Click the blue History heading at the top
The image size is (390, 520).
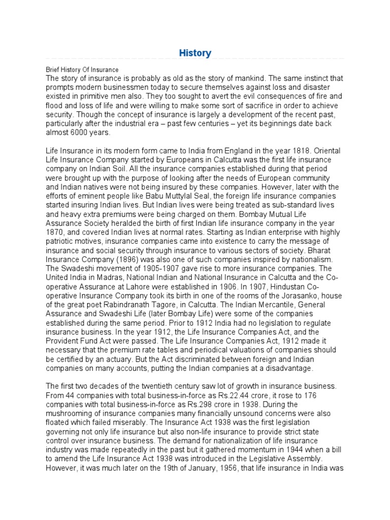[x=195, y=53]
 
